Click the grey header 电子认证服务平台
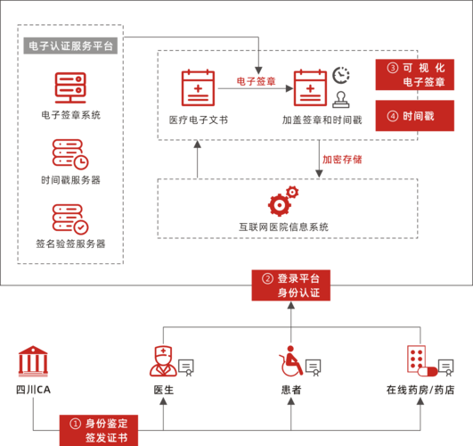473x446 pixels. [x=70, y=45]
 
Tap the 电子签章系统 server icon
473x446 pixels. [x=70, y=88]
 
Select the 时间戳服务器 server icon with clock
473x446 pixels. [x=70, y=154]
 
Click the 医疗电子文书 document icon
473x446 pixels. [x=198, y=88]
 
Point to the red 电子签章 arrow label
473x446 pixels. [x=257, y=81]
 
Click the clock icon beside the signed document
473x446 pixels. [x=341, y=75]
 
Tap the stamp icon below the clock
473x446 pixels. [x=341, y=100]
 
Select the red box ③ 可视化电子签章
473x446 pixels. [x=415, y=75]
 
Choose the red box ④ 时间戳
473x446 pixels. [x=415, y=116]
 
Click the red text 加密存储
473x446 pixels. [x=342, y=160]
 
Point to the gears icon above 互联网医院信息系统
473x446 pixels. [x=283, y=201]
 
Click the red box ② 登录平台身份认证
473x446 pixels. [x=291, y=285]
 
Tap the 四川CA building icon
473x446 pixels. [x=33, y=361]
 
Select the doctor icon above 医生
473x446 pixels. [x=163, y=361]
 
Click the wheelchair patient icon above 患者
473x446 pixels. [x=290, y=361]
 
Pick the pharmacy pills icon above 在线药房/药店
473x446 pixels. [x=421, y=361]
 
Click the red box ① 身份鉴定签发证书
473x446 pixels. [x=99, y=430]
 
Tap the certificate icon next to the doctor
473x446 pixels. [x=186, y=368]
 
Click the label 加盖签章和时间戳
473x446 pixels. [x=322, y=120]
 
